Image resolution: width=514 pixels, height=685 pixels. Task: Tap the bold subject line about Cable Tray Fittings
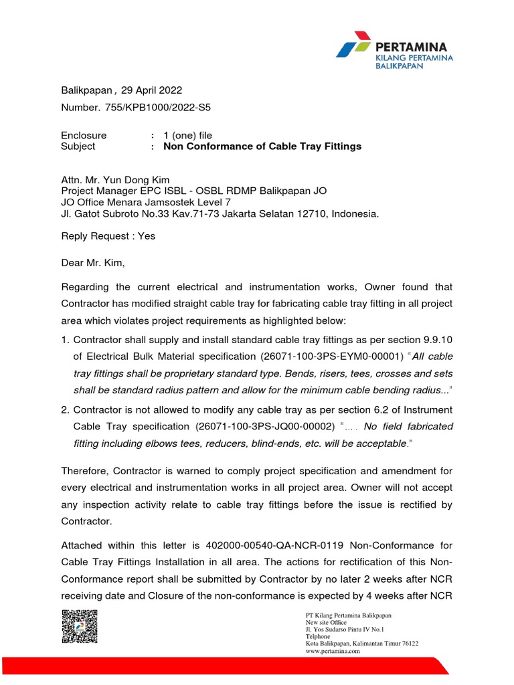(262, 146)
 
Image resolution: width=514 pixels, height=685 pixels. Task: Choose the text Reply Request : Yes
(108, 236)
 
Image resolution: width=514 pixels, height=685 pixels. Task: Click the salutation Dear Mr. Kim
(93, 264)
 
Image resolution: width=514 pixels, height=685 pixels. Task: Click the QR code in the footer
(80, 627)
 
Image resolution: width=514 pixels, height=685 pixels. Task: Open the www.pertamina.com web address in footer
(326, 651)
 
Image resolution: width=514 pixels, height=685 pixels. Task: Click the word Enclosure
(84, 135)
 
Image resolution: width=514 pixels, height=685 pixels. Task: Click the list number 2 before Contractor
(64, 409)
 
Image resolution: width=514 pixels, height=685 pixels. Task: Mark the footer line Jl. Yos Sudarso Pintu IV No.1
(341, 629)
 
